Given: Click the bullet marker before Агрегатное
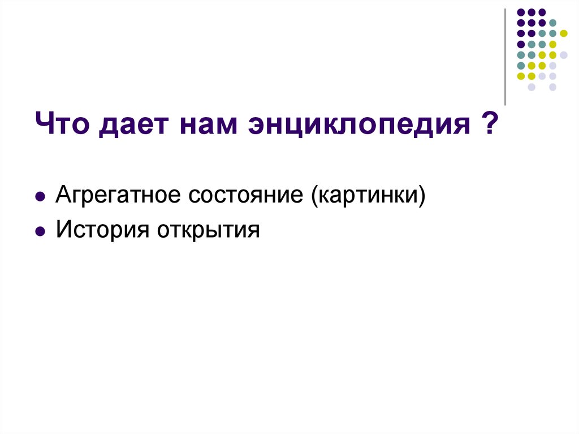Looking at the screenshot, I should click(x=40, y=197).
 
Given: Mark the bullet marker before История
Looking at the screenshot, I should click(x=40, y=231).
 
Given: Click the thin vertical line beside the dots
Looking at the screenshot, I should click(x=504, y=57).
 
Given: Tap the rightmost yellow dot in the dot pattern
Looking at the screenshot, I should click(x=564, y=33).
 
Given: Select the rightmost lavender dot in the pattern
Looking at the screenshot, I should click(x=564, y=55).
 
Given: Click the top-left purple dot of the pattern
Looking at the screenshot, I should click(x=521, y=12).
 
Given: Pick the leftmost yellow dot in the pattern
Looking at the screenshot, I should click(x=521, y=76).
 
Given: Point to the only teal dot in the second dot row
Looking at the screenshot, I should click(x=553, y=23).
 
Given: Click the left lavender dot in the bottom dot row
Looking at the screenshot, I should click(x=532, y=87).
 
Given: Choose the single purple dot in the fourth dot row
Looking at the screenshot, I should click(x=521, y=44).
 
